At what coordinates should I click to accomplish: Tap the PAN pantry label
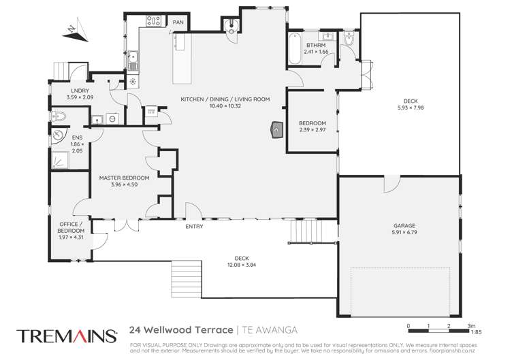pyautogui.click(x=178, y=22)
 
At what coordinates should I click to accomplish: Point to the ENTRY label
pyautogui.click(x=194, y=227)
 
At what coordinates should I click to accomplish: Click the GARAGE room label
pyautogui.click(x=403, y=226)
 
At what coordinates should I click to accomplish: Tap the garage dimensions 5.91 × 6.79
pyautogui.click(x=403, y=233)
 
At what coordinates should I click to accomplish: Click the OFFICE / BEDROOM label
pyautogui.click(x=70, y=227)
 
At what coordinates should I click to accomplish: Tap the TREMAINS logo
pyautogui.click(x=66, y=335)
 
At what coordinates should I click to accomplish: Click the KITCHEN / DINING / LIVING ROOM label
pyautogui.click(x=225, y=99)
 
